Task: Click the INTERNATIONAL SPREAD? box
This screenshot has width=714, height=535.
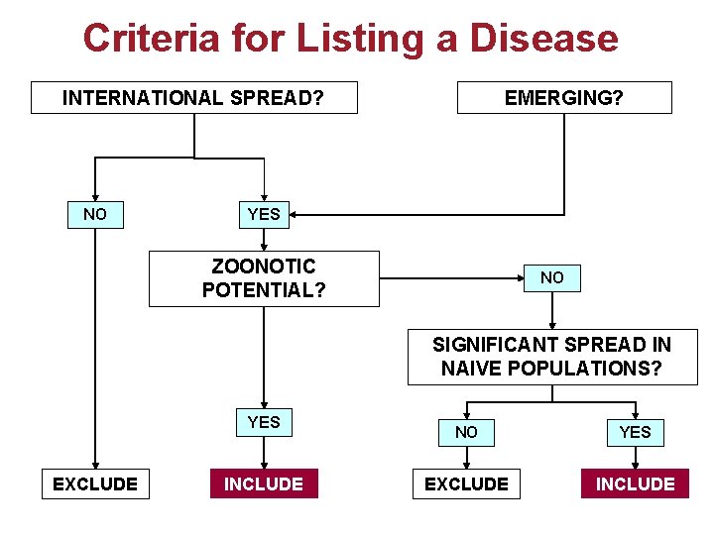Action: point(193,98)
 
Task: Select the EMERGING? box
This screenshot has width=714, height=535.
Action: point(563,98)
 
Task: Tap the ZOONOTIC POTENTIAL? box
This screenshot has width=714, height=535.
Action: point(264,278)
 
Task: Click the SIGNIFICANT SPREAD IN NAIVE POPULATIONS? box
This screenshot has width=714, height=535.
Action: point(551,357)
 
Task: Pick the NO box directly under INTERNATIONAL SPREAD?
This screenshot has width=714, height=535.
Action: point(95,214)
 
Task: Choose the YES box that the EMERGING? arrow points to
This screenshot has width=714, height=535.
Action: point(264,214)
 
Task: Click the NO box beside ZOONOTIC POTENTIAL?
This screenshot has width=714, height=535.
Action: point(552,278)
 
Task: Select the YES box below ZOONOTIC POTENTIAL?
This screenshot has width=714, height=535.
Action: point(264,422)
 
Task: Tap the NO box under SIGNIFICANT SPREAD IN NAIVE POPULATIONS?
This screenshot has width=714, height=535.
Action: point(466,432)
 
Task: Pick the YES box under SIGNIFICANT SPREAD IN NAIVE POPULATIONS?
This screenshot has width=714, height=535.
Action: point(635,432)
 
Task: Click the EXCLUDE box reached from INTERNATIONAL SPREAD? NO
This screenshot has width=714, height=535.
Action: point(95,483)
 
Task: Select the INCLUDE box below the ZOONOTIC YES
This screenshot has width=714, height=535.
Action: point(264,483)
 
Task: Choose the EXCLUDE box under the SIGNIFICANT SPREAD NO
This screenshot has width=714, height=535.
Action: point(466,483)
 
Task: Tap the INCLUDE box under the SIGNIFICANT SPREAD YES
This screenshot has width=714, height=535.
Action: point(635,483)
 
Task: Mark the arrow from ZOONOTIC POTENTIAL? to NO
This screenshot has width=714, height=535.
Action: point(451,278)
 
